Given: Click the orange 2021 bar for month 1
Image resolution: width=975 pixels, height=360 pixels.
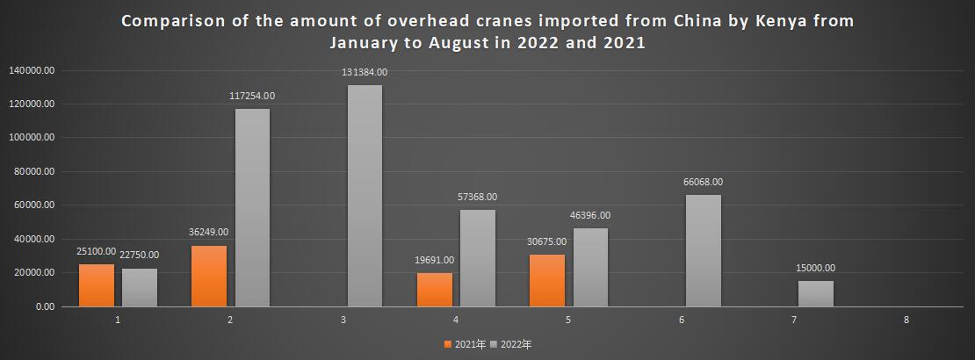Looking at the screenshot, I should click(x=97, y=285).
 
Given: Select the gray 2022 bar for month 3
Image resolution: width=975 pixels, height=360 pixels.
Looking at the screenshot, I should click(x=365, y=196).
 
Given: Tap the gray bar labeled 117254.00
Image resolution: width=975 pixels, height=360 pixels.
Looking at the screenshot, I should click(x=252, y=207).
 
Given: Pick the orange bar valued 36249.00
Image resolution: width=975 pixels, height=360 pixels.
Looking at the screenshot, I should click(x=209, y=276).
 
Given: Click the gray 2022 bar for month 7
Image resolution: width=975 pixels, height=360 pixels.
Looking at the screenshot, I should click(x=816, y=293).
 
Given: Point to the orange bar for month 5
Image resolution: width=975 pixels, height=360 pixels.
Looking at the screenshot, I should click(x=547, y=280).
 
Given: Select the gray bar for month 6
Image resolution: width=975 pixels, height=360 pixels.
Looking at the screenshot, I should click(x=703, y=250).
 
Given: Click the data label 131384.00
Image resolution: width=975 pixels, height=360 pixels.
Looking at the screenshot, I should click(x=365, y=73).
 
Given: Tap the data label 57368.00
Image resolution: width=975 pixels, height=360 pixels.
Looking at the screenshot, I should click(x=477, y=198).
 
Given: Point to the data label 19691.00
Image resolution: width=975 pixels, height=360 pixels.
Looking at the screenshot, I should click(x=434, y=260).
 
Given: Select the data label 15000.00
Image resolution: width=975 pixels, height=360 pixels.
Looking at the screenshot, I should click(x=816, y=269).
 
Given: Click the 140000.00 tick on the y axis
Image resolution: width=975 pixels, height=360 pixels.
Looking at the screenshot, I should click(x=32, y=70).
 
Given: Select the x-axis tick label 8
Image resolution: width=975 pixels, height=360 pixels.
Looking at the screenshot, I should click(x=906, y=320).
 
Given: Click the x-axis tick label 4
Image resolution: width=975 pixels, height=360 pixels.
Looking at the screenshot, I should click(x=456, y=320).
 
